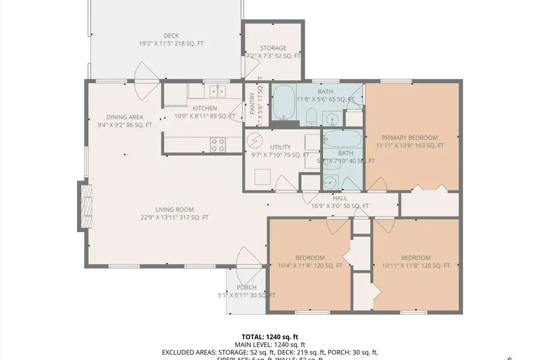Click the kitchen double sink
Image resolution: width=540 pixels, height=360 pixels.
click(217, 92)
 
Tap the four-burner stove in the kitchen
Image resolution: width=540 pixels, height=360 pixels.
click(218, 144)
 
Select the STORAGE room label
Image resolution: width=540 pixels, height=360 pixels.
click(273, 48)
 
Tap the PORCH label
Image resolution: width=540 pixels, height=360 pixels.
click(247, 287)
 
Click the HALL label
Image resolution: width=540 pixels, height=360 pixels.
click(340, 198)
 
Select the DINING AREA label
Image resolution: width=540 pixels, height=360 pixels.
click(124, 117)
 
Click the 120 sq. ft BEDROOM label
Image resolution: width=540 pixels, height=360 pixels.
click(310, 258)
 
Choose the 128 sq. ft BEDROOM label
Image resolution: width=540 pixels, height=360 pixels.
click(415, 258)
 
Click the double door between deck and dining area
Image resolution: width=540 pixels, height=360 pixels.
click(147, 82)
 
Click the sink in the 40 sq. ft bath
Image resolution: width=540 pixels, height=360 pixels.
click(331, 181)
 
